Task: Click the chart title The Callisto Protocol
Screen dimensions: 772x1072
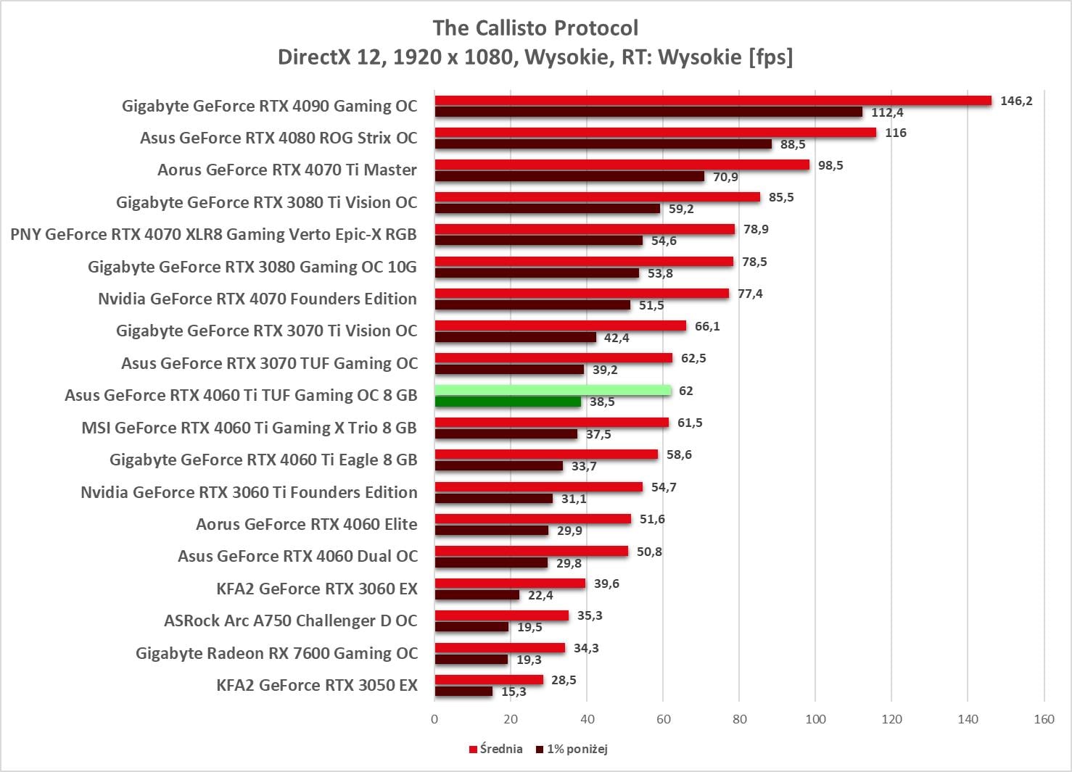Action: (535, 28)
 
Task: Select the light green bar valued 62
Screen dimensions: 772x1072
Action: (553, 391)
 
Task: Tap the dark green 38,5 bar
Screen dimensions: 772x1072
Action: (508, 402)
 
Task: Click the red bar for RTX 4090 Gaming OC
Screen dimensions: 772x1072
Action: (713, 101)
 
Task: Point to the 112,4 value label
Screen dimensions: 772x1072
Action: (887, 112)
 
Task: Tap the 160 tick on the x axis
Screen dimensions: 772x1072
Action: (1044, 719)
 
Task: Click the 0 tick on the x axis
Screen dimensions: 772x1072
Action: (434, 719)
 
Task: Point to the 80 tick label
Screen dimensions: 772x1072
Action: (739, 719)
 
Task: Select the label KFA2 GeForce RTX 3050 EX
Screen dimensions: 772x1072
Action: (317, 685)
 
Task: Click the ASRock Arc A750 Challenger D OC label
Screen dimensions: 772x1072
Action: (291, 621)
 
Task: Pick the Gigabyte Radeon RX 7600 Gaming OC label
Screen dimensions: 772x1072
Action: (276, 653)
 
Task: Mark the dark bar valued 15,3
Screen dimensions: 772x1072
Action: (463, 692)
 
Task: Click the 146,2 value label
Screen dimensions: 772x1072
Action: (1016, 101)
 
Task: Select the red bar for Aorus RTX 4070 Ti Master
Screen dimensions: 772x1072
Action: (622, 165)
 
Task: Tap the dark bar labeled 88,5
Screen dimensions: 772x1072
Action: (603, 144)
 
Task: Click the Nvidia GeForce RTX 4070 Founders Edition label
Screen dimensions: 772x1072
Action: (257, 299)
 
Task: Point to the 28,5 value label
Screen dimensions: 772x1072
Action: (564, 680)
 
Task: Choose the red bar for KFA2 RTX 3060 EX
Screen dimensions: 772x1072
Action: (510, 584)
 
